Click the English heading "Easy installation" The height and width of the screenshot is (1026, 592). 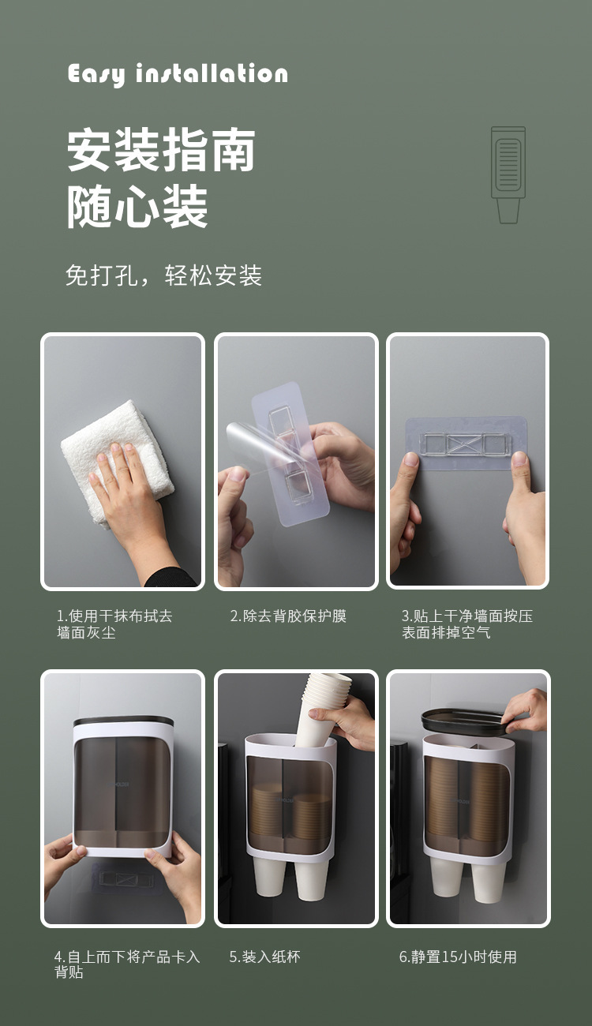[178, 74]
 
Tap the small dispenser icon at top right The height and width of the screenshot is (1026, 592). [508, 174]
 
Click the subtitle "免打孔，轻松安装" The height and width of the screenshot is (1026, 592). [163, 275]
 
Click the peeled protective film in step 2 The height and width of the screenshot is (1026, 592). [260, 450]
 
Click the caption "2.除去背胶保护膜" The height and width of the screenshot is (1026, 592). [288, 616]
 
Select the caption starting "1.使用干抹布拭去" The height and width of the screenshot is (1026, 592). [114, 624]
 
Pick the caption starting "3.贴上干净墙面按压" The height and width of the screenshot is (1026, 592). [466, 624]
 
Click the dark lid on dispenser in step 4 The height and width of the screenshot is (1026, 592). [123, 721]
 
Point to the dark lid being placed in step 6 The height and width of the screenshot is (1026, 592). [466, 719]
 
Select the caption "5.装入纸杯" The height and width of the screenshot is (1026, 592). [264, 957]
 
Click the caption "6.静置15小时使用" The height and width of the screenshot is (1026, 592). [458, 957]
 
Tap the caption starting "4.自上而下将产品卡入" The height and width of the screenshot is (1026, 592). [127, 964]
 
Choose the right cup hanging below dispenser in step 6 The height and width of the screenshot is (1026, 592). [489, 880]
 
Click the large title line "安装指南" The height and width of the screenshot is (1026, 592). [161, 151]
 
